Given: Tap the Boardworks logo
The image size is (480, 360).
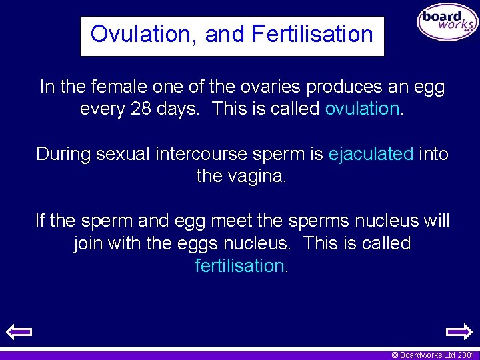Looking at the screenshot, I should click(x=447, y=23).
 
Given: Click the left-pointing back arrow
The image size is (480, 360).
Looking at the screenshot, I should click(x=19, y=331).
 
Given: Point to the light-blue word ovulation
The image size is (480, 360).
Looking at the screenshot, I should click(x=362, y=109).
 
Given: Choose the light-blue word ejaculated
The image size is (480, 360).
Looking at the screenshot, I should click(x=371, y=154).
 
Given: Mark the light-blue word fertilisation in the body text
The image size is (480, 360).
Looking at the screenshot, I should click(x=240, y=265).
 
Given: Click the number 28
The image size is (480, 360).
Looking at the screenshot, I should click(x=141, y=109).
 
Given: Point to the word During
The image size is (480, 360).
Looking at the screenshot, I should click(x=63, y=154).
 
